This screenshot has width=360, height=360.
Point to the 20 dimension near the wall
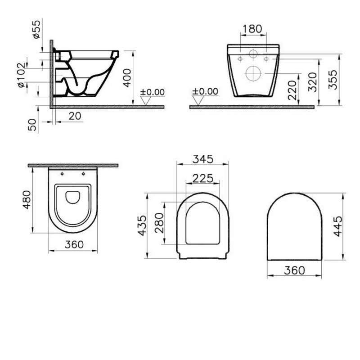pos(75,116)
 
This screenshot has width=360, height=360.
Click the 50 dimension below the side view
pos(33,124)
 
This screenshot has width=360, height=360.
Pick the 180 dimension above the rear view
pos(252,29)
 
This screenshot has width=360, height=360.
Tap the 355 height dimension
pos(333,79)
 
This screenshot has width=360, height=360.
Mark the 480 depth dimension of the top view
pos(27,199)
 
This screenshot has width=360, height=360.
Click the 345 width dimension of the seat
pos(202,159)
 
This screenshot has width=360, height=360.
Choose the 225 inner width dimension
pos(202,178)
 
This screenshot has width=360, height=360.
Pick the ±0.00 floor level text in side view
pos(153,92)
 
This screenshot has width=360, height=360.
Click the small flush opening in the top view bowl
pos(72,197)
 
